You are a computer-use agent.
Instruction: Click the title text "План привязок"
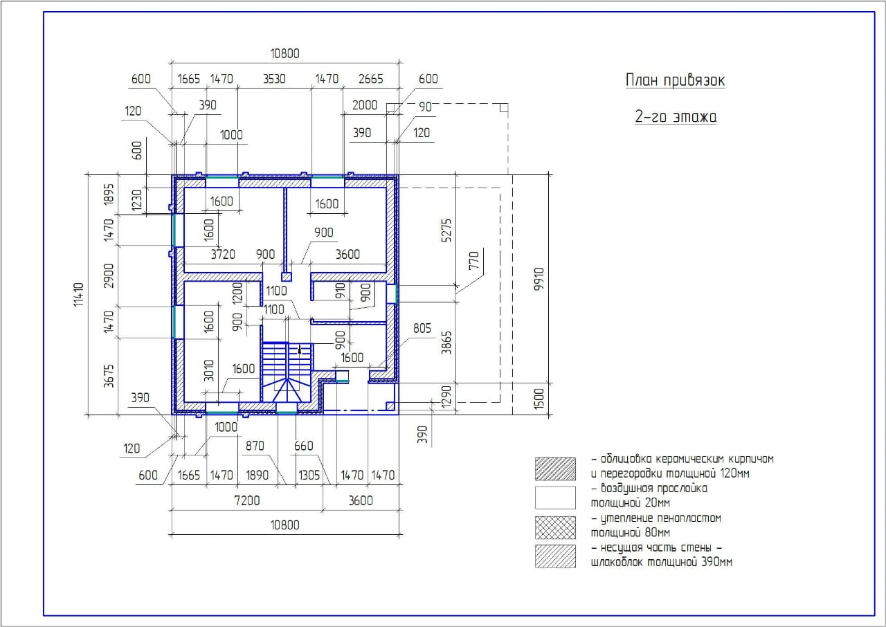675,80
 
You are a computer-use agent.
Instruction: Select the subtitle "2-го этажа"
676,117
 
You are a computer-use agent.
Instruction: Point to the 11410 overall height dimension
79,295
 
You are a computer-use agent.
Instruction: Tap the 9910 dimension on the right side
539,279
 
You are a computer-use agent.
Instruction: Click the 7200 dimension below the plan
247,500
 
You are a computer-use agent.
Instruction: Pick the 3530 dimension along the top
274,79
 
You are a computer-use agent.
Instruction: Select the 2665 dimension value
370,79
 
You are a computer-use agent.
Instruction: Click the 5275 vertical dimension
446,230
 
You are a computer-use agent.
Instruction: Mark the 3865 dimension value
446,343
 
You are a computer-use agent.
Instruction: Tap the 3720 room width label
223,254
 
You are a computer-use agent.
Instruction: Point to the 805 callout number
422,328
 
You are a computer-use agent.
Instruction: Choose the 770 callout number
473,260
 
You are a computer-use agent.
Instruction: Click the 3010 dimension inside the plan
209,370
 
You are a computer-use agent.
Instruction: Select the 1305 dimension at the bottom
309,475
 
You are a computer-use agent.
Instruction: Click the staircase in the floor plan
287,372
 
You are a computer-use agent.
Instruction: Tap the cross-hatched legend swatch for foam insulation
555,527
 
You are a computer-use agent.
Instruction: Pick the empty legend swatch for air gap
555,498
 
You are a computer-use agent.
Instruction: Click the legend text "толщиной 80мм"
631,532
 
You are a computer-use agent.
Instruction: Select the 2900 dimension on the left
109,276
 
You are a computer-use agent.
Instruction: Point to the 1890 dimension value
257,475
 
